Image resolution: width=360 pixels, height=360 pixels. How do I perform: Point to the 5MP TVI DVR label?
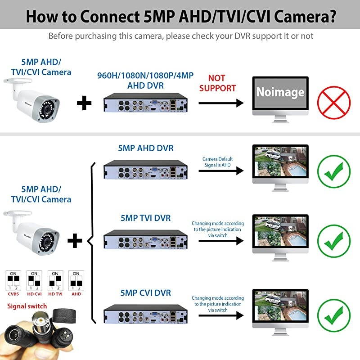(145, 218)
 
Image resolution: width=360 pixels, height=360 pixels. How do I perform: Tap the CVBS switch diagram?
(13, 280)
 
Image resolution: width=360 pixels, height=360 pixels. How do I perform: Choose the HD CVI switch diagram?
(35, 280)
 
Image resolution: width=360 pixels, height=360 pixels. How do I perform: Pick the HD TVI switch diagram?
(55, 280)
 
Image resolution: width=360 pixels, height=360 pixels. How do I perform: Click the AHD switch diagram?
(76, 280)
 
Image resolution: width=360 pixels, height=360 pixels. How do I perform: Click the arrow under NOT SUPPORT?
(220, 103)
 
